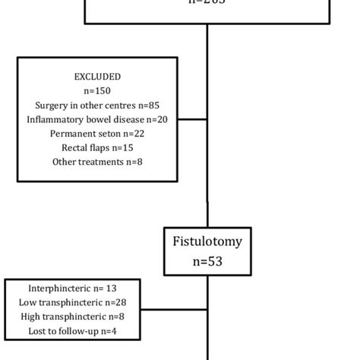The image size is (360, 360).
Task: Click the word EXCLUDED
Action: coord(97,77)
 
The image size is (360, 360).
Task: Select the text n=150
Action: coord(97,91)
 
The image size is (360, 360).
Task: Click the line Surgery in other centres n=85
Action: coord(97,105)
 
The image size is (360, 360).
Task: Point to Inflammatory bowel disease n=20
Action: coord(97,119)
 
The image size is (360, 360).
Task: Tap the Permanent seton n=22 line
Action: coord(97,133)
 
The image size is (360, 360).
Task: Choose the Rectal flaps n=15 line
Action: coord(97,147)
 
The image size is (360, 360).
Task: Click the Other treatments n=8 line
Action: coord(97,161)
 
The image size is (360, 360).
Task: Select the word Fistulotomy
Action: coord(207,242)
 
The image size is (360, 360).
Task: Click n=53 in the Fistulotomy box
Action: coord(207,261)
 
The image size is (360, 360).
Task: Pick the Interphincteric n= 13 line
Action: coord(73,289)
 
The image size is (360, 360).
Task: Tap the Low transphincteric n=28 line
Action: coord(73,303)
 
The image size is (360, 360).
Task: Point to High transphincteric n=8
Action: coord(73,317)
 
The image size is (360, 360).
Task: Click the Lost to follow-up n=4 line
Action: coord(73,331)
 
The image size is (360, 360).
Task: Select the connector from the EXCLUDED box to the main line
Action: coord(192,119)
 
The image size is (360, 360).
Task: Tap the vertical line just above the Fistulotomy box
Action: coord(207,213)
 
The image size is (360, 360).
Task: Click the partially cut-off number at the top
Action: coord(207,2)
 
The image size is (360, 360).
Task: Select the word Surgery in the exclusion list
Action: coord(52,105)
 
